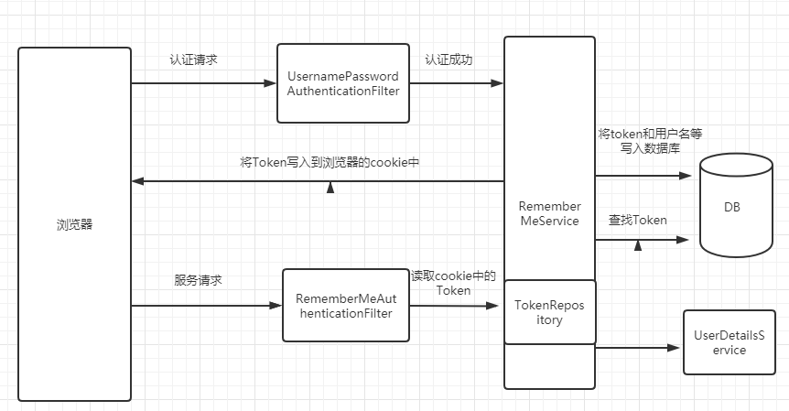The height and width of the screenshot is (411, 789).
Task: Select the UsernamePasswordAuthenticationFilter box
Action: tap(343, 82)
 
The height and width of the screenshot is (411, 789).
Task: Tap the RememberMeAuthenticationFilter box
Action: tap(343, 306)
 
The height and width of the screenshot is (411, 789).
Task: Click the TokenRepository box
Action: tap(550, 312)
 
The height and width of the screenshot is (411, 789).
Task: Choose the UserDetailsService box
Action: tap(728, 342)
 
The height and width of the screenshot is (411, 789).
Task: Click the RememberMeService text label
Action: tap(549, 213)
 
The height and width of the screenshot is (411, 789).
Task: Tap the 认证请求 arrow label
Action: tap(193, 60)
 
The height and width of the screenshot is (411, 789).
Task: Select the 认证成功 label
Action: tap(449, 60)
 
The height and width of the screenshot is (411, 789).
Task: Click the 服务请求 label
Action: tap(199, 280)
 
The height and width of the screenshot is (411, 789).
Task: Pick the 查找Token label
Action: tap(638, 221)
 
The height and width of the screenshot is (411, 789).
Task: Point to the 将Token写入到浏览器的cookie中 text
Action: tap(330, 162)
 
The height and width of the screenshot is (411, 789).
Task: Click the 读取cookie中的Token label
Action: tap(453, 283)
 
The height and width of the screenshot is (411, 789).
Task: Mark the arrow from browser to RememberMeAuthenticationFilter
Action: tap(207, 306)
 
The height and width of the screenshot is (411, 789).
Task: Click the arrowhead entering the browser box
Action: tap(137, 181)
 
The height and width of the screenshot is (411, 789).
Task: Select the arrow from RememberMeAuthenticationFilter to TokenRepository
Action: tap(453, 306)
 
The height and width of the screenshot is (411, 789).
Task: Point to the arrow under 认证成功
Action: tap(453, 83)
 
